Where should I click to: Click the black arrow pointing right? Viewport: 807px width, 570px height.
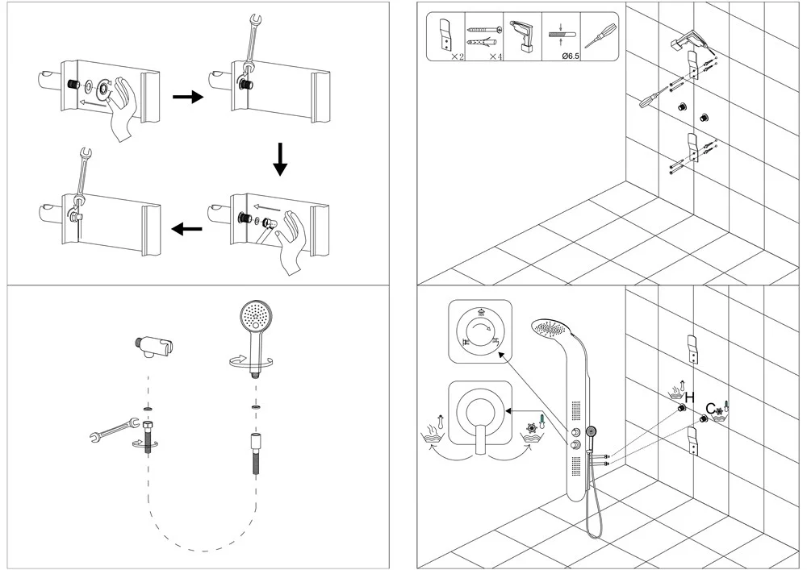click(187, 98)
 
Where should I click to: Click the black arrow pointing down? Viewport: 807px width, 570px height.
click(279, 158)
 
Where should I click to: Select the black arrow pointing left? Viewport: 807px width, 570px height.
click(187, 230)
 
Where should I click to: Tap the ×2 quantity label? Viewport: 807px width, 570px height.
click(457, 56)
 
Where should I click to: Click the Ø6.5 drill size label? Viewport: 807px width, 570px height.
click(559, 56)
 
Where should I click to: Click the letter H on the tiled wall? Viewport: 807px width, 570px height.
click(690, 397)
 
